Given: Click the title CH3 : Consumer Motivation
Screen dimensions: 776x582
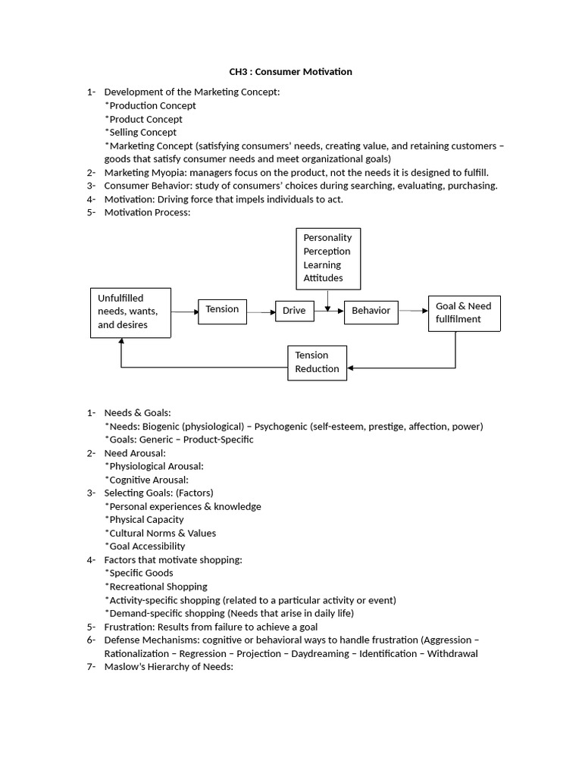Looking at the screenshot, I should (x=291, y=72).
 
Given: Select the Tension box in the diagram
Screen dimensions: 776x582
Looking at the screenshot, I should (x=222, y=310).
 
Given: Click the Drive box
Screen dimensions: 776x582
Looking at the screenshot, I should (x=294, y=311).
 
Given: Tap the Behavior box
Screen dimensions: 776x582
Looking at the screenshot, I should (x=371, y=311).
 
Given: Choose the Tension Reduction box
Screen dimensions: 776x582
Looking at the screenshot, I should (x=317, y=362).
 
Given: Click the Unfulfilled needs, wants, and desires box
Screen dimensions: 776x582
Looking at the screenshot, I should (x=130, y=312).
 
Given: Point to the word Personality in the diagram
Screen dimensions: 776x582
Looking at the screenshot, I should (x=327, y=238).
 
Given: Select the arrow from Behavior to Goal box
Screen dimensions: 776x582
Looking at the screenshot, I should (x=413, y=311).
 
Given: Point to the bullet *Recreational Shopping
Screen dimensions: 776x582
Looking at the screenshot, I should (x=157, y=587).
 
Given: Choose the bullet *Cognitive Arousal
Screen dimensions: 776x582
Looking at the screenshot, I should (x=146, y=480).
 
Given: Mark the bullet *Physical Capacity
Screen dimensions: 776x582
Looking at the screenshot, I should (x=144, y=520).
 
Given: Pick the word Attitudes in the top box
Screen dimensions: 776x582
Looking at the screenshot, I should (x=323, y=278).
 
